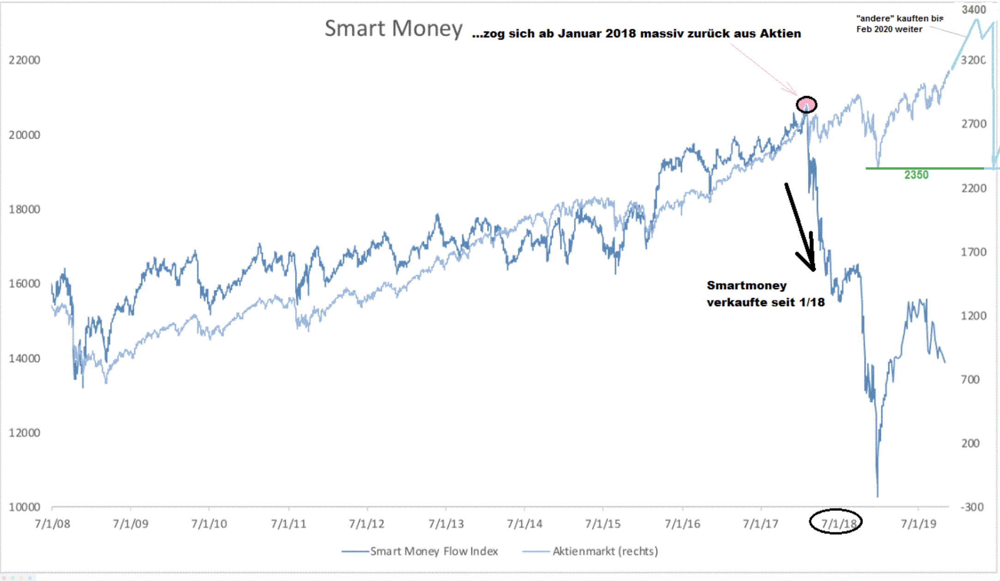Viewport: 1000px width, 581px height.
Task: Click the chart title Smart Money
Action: pos(393,29)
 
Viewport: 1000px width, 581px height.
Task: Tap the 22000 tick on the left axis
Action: pos(24,60)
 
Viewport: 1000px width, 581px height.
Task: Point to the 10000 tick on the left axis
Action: pos(24,507)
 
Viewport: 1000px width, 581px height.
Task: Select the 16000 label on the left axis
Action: pos(24,284)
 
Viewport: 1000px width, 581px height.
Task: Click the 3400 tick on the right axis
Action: pos(974,10)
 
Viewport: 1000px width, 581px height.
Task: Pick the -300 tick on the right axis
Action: pos(972,507)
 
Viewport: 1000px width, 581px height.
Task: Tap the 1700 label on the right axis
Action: pos(973,252)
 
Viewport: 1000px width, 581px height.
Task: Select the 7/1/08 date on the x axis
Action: pos(52,524)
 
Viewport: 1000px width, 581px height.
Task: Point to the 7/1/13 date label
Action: pos(446,524)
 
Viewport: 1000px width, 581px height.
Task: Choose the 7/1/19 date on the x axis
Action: pos(919,524)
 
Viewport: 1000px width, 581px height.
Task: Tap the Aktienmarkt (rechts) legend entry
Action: pos(605,551)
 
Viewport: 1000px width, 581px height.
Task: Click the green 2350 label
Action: pos(916,175)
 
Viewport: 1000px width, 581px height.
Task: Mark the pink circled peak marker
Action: pos(807,105)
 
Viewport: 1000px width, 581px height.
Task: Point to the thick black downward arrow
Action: pos(800,226)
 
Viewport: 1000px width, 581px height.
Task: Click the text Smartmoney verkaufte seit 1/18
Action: pos(765,294)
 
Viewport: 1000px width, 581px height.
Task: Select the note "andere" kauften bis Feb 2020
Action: pos(899,24)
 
